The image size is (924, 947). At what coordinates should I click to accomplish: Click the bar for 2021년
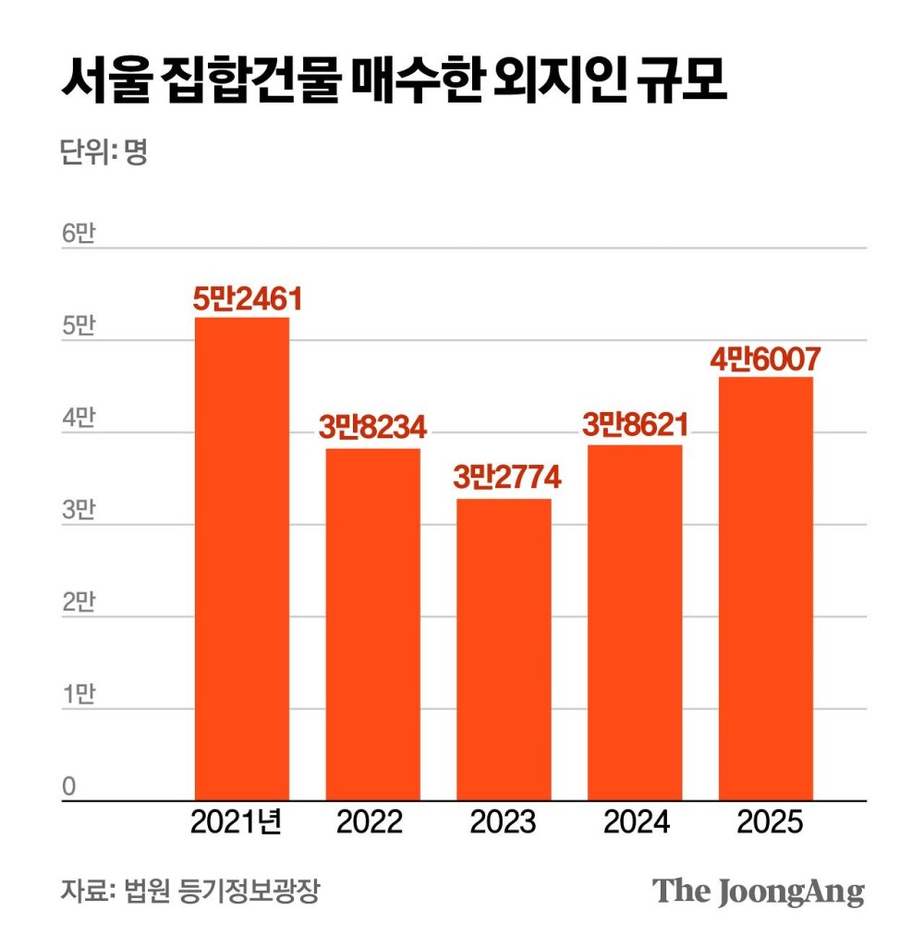click(x=241, y=558)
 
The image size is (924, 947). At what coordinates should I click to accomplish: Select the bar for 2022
click(x=372, y=624)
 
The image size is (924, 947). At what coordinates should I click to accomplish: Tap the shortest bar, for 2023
click(x=504, y=649)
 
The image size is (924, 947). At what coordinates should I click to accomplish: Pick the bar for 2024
click(x=635, y=622)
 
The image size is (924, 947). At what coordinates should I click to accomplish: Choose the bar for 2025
click(x=766, y=588)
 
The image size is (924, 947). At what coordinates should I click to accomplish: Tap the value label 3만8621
click(x=636, y=426)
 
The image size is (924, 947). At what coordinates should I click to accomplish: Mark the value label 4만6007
click(x=766, y=358)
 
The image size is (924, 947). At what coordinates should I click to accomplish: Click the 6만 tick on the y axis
click(x=78, y=235)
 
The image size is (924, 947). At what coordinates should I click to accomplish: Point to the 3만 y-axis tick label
click(x=78, y=511)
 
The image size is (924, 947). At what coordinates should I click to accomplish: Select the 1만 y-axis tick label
click(x=78, y=695)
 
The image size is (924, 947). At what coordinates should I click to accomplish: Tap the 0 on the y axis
click(x=68, y=786)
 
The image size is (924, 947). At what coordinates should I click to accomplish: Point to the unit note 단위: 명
click(x=103, y=152)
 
